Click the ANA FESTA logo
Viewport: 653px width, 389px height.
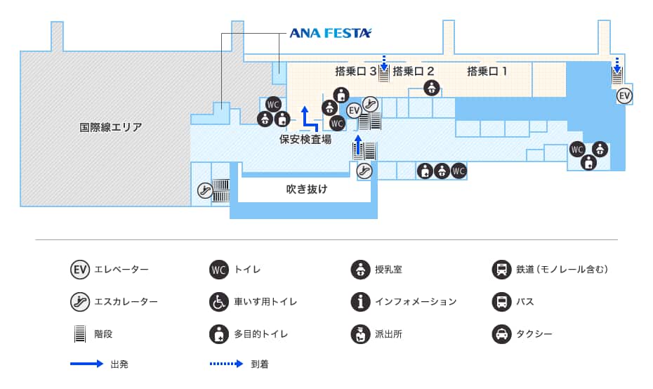pos(331,33)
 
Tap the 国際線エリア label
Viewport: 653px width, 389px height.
pos(110,127)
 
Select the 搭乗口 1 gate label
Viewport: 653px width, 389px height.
pos(487,71)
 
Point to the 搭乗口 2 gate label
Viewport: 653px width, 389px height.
pos(414,71)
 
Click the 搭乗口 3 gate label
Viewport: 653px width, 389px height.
pos(356,71)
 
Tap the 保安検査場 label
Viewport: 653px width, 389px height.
pos(305,139)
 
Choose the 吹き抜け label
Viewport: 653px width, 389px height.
pos(307,189)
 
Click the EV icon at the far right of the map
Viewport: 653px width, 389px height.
pos(624,95)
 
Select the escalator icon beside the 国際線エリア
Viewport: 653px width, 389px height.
pos(204,190)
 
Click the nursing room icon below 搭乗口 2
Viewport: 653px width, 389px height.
pos(432,88)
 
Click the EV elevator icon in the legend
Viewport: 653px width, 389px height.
pos(80,269)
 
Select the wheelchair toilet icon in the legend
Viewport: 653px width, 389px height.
pos(219,302)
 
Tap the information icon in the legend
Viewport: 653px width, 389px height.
pos(360,302)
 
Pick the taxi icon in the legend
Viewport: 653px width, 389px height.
pos(501,334)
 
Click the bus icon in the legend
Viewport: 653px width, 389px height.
pos(501,302)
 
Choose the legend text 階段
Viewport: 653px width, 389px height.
pos(103,334)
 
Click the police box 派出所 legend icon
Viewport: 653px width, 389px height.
pos(360,334)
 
